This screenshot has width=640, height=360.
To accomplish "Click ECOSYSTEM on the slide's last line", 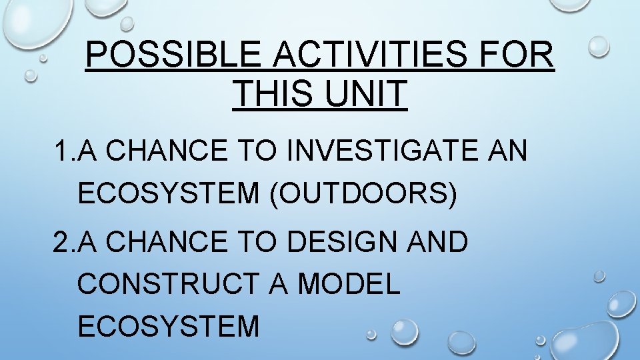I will click(169, 327).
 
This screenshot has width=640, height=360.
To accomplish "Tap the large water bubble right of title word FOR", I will click(598, 46).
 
